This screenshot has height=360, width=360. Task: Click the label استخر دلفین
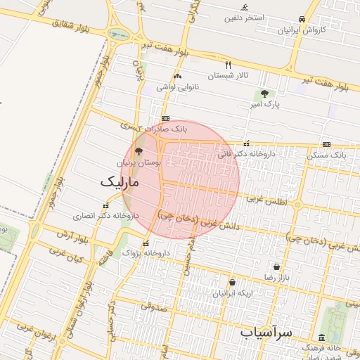245,18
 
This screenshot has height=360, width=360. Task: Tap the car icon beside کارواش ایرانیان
302,19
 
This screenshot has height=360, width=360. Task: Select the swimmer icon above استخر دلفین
244,8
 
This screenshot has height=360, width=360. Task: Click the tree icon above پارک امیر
264,94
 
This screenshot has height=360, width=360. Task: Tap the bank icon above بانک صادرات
165,118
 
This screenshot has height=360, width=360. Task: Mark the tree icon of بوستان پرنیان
139,150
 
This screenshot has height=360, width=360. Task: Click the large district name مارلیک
120,181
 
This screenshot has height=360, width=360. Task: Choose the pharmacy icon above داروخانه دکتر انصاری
105,206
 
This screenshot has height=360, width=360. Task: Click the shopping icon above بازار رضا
276,266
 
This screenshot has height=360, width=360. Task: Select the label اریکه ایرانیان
232,292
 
